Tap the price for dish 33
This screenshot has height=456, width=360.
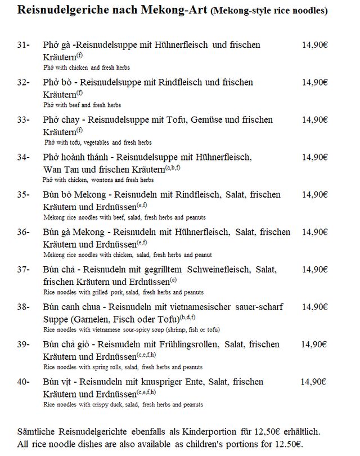[314, 119]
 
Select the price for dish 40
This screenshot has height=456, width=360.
[313, 382]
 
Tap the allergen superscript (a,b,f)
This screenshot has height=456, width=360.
[173, 168]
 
